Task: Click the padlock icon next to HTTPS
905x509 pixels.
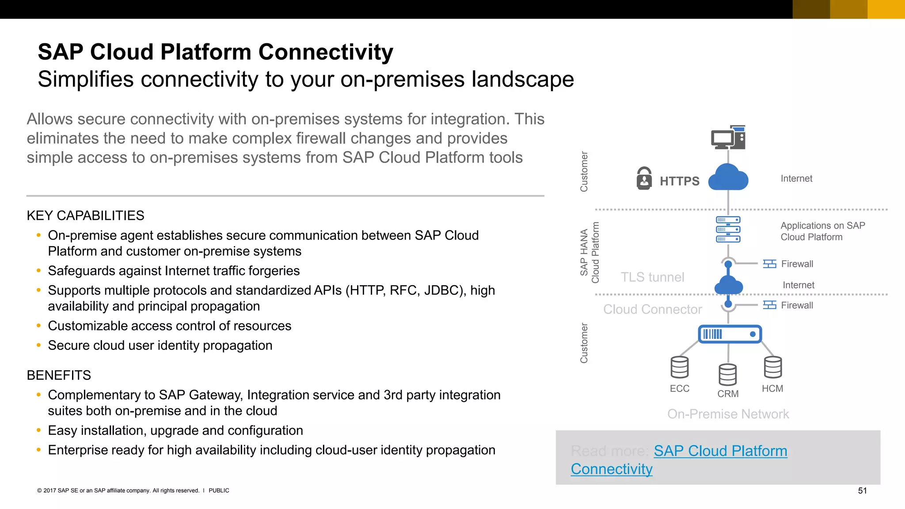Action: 644,179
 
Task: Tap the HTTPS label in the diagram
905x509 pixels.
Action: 679,181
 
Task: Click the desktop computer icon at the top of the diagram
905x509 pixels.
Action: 728,138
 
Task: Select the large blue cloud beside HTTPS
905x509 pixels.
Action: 728,178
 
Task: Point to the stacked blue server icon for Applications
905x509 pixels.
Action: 728,229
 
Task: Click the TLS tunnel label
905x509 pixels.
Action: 652,277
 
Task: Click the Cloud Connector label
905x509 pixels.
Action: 652,309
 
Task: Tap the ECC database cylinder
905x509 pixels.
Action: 679,367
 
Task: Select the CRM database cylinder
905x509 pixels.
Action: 727,375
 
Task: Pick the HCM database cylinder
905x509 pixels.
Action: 772,367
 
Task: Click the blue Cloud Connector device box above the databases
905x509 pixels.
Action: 730,334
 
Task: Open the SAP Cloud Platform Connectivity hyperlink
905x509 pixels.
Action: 720,451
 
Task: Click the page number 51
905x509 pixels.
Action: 862,490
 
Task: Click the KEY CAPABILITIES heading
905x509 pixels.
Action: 85,216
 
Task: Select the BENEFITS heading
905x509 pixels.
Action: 59,375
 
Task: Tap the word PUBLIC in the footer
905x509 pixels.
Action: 219,490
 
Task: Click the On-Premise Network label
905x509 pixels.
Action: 728,414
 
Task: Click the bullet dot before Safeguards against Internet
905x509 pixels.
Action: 39,270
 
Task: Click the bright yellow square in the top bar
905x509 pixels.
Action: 886,9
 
